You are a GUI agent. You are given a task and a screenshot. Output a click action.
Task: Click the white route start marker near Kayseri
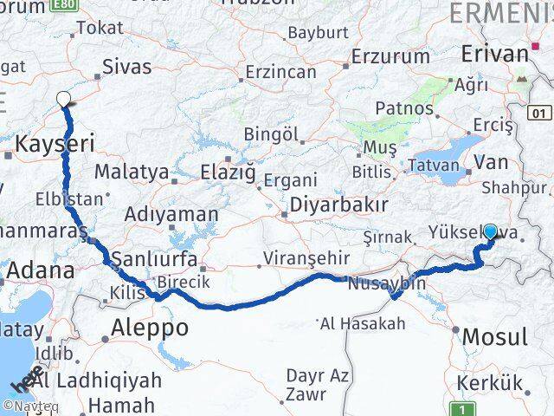pyautogui.click(x=64, y=100)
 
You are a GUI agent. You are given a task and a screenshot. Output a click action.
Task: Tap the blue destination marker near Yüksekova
pyautogui.click(x=491, y=232)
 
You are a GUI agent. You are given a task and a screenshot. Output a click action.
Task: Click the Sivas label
pyautogui.click(x=126, y=67)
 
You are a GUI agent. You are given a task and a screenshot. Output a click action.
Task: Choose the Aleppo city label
pyautogui.click(x=150, y=328)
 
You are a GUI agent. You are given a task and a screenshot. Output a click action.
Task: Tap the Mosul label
pyautogui.click(x=495, y=335)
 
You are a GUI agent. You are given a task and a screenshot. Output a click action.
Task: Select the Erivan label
pyautogui.click(x=494, y=53)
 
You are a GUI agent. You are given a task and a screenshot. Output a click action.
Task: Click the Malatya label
pyautogui.click(x=131, y=172)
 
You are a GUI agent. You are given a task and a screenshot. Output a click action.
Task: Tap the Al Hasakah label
pyautogui.click(x=363, y=324)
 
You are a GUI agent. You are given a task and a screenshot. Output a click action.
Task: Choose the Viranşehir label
pyautogui.click(x=307, y=257)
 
